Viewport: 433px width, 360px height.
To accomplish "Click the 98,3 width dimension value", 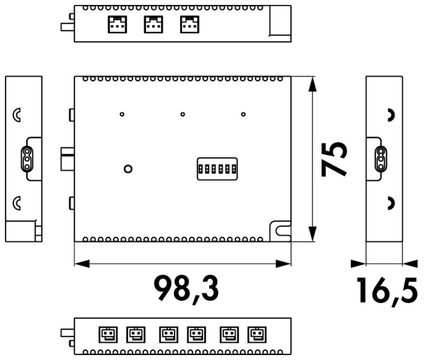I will [x=187, y=288].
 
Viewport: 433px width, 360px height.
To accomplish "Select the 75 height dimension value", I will [x=334, y=159].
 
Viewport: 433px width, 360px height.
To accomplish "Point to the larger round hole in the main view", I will [x=128, y=169].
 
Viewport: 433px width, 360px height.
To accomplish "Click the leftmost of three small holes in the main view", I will [x=122, y=114].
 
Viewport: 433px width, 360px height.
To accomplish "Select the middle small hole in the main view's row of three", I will [x=183, y=114].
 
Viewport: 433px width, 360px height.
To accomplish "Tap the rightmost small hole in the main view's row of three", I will [x=243, y=114].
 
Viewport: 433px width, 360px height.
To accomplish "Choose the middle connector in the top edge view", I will [x=153, y=24].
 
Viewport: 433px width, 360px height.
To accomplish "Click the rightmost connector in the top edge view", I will [x=190, y=24].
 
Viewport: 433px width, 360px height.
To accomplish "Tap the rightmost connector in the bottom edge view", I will [x=257, y=334].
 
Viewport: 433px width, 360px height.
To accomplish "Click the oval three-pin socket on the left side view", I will [x=27, y=159].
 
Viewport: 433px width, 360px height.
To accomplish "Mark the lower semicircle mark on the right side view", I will [x=390, y=203].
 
